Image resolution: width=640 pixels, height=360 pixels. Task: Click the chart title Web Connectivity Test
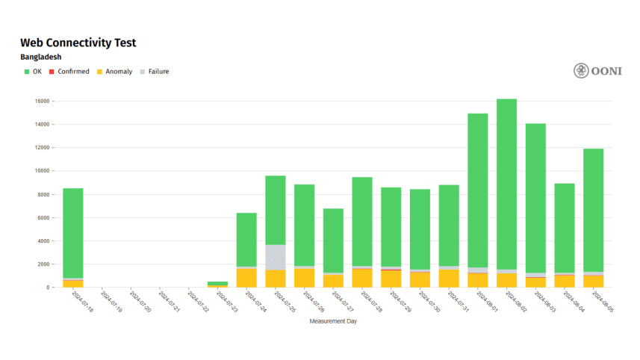tap(78, 43)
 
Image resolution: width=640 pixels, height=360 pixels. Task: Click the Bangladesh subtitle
tap(40, 57)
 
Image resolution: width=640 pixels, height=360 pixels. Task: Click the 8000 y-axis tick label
tap(41, 194)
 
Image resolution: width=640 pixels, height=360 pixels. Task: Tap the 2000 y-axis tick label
tap(41, 264)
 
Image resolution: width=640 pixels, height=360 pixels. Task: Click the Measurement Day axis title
tap(333, 320)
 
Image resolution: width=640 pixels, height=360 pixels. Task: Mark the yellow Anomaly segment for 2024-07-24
tap(246, 277)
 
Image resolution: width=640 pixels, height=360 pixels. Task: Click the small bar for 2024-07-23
tap(217, 285)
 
